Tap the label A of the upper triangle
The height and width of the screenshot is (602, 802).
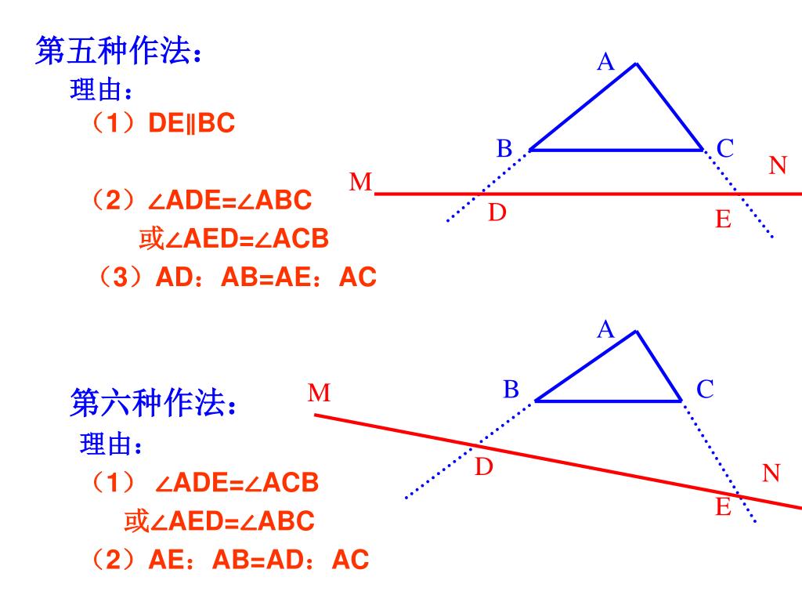pos(605,63)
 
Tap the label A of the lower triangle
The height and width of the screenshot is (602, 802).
pos(605,330)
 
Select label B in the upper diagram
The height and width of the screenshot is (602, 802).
pos(504,148)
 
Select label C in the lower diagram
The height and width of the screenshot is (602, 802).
pos(705,389)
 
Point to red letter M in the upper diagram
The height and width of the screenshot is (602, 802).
pos(360,183)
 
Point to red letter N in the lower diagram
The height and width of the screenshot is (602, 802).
pos(771,473)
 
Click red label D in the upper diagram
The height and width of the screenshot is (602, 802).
pos(497,212)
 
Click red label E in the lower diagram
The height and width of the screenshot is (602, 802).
pos(723,508)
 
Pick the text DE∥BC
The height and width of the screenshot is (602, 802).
pos(192,124)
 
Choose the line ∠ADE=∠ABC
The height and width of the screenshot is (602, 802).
pos(229,201)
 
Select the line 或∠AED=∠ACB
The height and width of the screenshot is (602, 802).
pos(233,239)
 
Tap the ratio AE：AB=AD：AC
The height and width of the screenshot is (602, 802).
pos(258,560)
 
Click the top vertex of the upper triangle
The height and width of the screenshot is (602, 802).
pos(636,64)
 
